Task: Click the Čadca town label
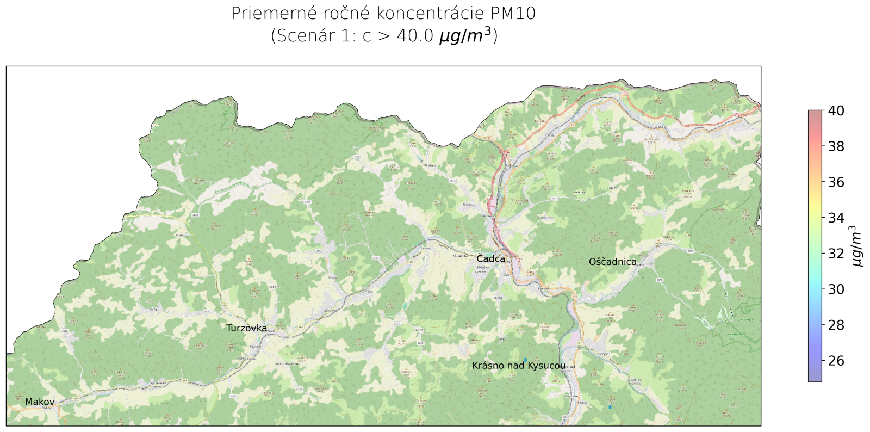tap(490, 259)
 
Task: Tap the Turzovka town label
tap(246, 328)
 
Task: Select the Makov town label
tap(40, 402)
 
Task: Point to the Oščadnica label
tap(612, 262)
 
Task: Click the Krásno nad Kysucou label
tap(518, 366)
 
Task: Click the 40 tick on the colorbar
tap(836, 111)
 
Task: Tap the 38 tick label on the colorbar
tap(836, 146)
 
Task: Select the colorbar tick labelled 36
tap(836, 182)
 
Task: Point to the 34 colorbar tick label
tap(836, 218)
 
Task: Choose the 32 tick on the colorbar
tap(836, 254)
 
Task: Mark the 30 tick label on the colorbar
tap(836, 289)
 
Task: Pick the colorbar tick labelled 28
tap(836, 325)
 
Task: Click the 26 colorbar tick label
tap(836, 361)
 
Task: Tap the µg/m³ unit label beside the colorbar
tap(857, 246)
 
